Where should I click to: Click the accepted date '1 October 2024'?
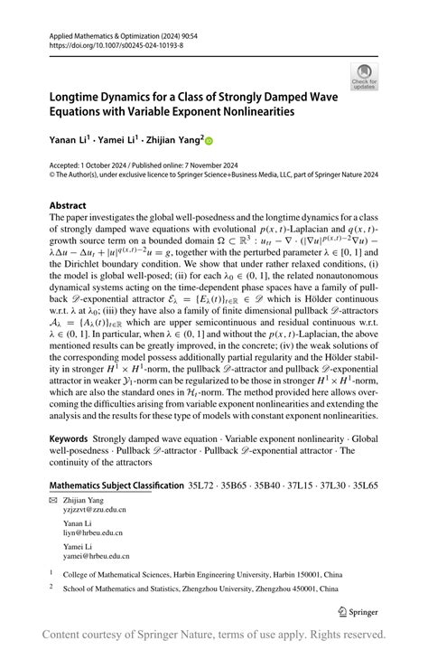[x=113, y=165]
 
